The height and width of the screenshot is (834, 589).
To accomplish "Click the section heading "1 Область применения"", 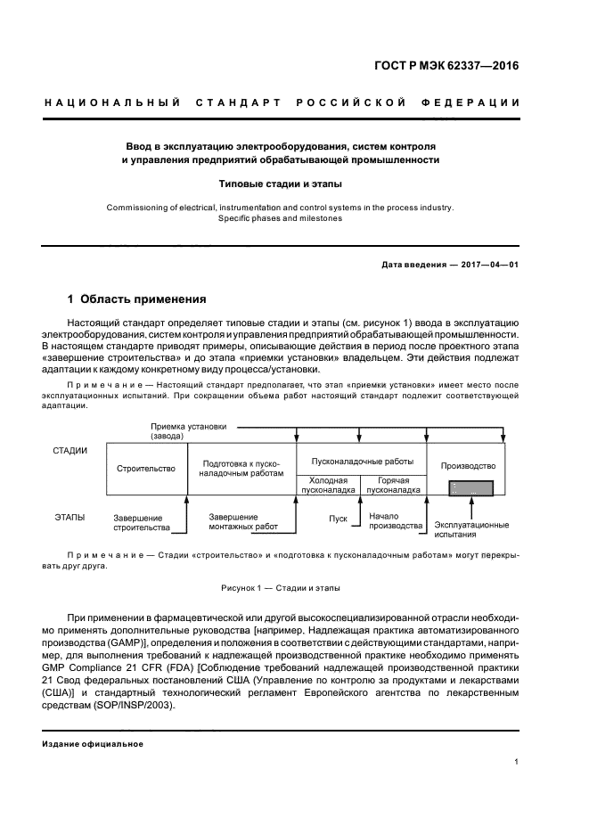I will [137, 299].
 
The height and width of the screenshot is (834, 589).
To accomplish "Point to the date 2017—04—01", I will [489, 265].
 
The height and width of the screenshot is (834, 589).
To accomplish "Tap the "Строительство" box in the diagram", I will [147, 468].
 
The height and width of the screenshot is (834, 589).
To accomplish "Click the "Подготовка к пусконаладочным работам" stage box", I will [243, 469].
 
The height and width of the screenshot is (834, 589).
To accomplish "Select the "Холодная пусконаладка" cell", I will [328, 485].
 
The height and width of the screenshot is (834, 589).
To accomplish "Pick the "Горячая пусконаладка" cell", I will [393, 485].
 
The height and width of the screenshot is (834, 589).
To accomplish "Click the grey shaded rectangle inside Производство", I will [473, 487].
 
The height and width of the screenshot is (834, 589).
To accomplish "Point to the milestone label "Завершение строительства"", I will [141, 522].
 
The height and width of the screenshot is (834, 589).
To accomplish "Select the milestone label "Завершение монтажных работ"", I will [243, 521].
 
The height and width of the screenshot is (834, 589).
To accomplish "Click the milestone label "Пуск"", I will [338, 518].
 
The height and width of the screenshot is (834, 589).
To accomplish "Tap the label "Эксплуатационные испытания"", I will [471, 529].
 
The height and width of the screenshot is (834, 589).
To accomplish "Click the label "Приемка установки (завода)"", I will [183, 431].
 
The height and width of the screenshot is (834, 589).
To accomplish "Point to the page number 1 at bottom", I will [517, 761].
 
